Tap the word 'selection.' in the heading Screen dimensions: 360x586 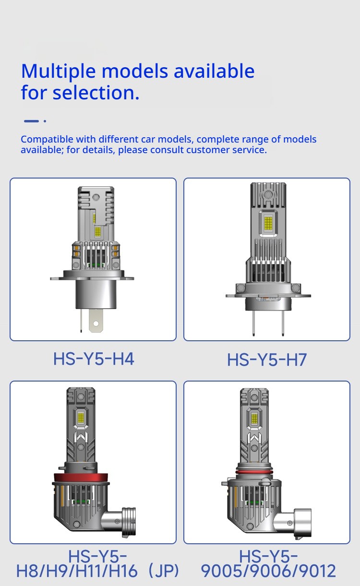[96, 93]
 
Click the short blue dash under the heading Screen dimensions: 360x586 [31, 121]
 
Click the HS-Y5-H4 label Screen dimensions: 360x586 [94, 359]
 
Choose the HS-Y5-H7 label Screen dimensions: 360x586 [266, 359]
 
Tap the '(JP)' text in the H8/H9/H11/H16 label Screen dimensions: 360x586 [164, 571]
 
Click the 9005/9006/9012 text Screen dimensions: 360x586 [268, 571]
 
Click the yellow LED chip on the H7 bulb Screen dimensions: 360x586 [268, 223]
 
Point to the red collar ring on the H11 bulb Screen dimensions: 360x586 [81, 478]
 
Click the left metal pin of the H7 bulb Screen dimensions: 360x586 [253, 323]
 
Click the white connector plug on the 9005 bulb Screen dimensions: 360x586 [298, 523]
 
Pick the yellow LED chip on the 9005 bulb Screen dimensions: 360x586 [254, 419]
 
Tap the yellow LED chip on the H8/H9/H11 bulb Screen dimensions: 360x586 [81, 418]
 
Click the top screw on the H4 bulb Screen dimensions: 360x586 [96, 196]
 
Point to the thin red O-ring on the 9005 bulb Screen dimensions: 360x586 [254, 472]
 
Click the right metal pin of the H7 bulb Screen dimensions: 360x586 [283, 323]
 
